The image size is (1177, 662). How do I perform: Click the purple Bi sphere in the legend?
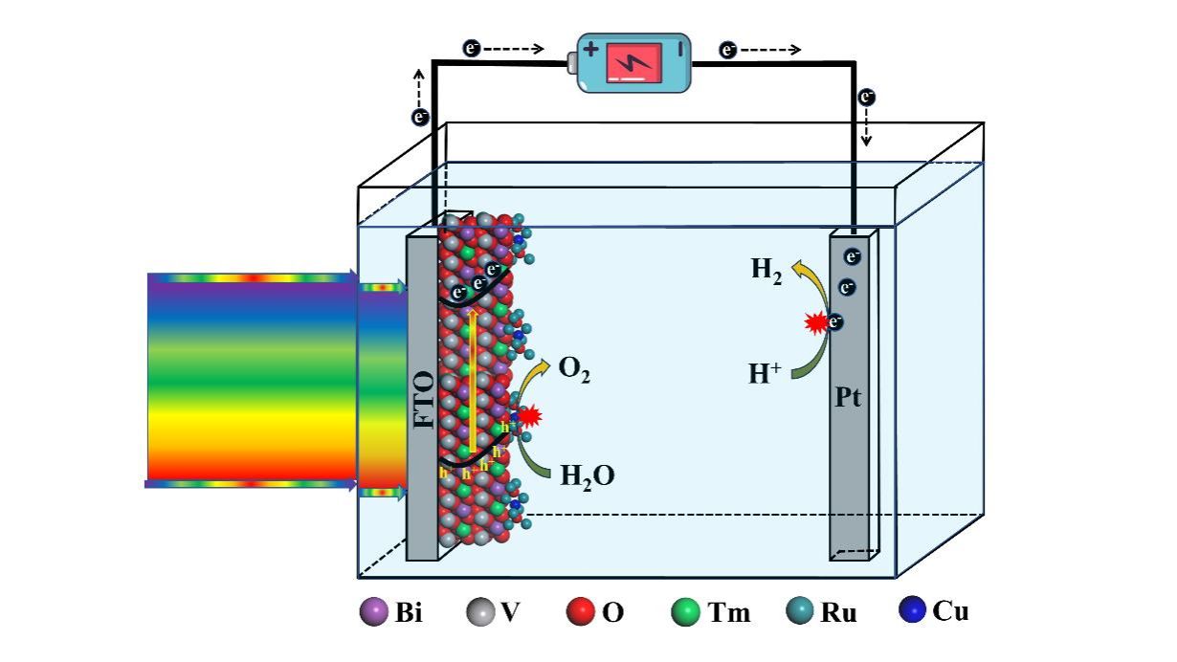(x=373, y=612)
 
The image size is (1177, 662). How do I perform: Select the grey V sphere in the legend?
(x=480, y=612)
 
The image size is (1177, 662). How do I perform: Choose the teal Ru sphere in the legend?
(x=799, y=612)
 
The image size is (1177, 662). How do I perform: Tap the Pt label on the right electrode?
(x=847, y=397)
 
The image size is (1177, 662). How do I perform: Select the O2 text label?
(x=573, y=371)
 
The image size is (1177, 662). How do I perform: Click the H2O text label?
(x=587, y=474)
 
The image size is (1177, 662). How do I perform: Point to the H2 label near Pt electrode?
(x=766, y=271)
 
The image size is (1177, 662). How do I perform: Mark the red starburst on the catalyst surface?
(x=529, y=417)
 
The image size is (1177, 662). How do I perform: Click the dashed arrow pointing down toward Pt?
(x=866, y=125)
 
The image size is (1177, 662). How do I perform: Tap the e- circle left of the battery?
(x=471, y=48)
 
